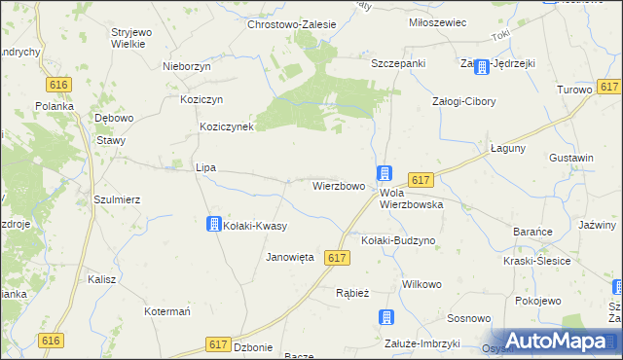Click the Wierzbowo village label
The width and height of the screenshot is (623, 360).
point(339,186)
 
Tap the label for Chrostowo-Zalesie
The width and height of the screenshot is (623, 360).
point(291,25)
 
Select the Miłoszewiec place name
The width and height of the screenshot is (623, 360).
point(439,22)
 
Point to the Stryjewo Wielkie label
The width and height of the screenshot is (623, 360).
point(130,37)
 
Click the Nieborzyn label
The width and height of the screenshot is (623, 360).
point(188,67)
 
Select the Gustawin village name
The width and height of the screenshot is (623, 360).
point(571,158)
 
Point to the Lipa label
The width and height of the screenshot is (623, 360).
point(205,167)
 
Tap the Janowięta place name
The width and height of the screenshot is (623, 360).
point(290,258)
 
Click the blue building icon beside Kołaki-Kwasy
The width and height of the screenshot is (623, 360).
point(213,225)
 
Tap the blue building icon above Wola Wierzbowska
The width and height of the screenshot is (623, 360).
point(385,173)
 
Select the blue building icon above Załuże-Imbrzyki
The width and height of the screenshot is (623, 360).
point(386,317)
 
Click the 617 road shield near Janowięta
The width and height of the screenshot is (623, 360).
point(337,258)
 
